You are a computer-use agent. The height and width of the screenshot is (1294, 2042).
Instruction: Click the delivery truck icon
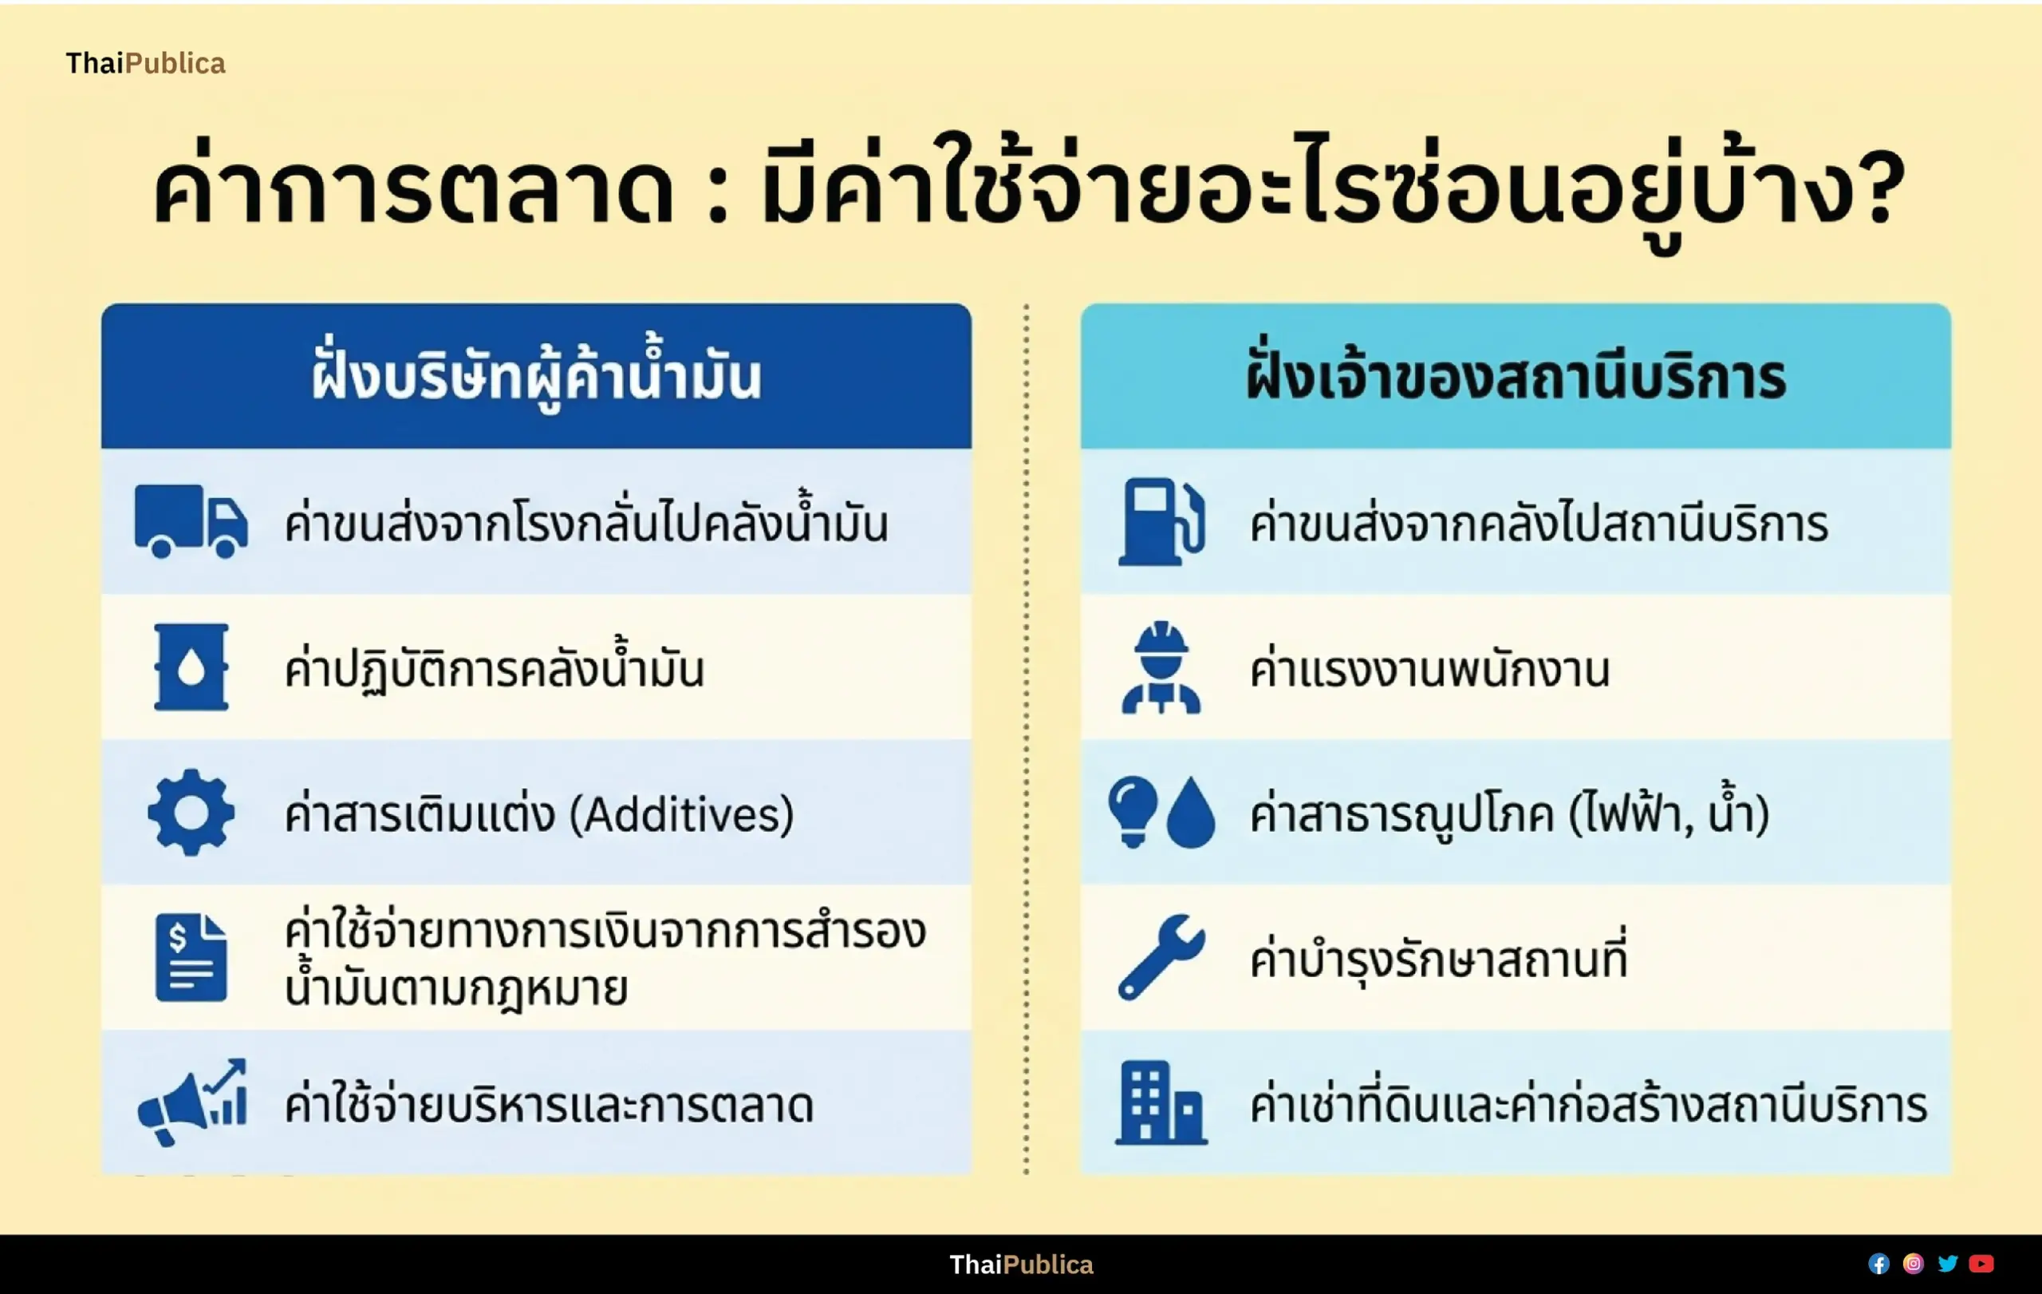click(x=191, y=521)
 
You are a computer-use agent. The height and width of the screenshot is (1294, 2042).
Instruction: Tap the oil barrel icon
click(x=191, y=667)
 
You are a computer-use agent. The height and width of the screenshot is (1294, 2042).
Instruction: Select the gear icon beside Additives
click(x=191, y=812)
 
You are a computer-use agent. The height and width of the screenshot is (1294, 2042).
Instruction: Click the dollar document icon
click(x=191, y=957)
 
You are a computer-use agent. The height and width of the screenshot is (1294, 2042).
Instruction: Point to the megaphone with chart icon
click(x=192, y=1102)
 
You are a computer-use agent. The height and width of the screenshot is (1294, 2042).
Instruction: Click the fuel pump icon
click(x=1161, y=521)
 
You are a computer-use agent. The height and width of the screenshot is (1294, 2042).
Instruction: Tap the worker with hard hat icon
click(x=1161, y=667)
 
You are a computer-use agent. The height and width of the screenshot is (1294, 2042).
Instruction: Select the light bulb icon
click(x=1133, y=811)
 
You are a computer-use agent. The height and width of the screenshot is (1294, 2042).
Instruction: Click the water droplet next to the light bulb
click(x=1192, y=812)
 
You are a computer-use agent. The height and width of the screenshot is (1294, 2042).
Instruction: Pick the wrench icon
click(x=1161, y=957)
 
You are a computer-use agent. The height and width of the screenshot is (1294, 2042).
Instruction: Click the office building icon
click(x=1161, y=1102)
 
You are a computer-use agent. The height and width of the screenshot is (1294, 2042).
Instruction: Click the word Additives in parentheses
click(x=682, y=813)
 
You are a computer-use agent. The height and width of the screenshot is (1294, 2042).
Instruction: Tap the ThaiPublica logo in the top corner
click(x=146, y=64)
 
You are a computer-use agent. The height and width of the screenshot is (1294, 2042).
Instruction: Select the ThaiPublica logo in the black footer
click(x=1021, y=1264)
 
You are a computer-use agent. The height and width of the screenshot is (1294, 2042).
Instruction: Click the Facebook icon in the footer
click(x=1878, y=1264)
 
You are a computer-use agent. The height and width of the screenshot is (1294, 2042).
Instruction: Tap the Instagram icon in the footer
click(x=1913, y=1264)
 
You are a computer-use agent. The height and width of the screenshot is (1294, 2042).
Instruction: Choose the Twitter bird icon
click(x=1948, y=1264)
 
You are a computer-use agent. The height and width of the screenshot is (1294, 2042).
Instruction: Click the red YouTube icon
click(x=1982, y=1264)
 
